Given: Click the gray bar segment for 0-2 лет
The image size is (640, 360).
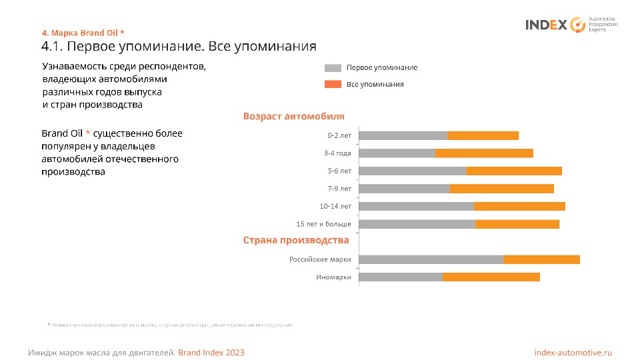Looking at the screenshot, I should point(403,135).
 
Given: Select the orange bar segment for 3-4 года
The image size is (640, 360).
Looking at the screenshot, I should point(484,153).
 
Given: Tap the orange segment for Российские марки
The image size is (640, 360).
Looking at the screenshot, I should point(541,259).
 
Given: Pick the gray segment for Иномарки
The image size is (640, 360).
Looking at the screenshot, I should point(401,277).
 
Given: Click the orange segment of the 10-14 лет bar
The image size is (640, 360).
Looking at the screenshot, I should point(519,206).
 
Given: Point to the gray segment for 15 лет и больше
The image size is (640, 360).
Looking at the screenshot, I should point(417,224).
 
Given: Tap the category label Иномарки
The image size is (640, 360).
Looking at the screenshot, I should point(333,277).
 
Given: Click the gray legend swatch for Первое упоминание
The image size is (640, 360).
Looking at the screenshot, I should point(333,68).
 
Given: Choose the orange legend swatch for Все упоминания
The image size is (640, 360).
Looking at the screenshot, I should point(333,85).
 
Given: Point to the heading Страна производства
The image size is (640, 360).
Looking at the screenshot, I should point(296,240).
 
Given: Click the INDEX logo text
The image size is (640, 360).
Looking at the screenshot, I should point(547,25).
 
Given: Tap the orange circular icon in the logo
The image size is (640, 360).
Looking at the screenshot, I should point(577,25).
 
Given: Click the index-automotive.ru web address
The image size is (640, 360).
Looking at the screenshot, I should point(573,352).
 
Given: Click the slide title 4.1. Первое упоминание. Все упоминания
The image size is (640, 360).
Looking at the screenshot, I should point(178,47).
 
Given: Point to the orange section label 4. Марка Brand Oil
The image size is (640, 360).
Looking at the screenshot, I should point(83,32).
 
